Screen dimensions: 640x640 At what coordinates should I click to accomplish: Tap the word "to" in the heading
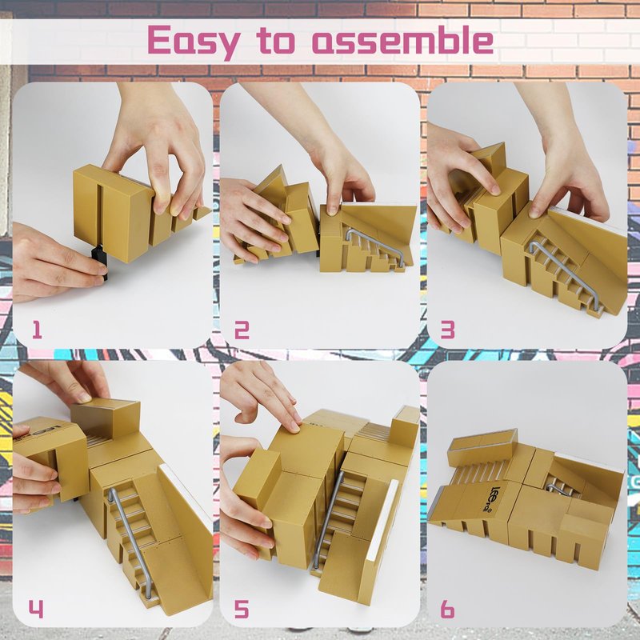tap(275, 41)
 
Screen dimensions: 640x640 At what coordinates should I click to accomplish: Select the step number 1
tap(37, 330)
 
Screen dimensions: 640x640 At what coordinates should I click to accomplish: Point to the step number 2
tap(242, 330)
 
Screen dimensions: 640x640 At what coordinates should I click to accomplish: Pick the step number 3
tap(448, 330)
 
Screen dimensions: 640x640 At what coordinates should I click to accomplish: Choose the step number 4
tap(35, 609)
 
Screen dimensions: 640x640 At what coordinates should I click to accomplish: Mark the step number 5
tap(242, 609)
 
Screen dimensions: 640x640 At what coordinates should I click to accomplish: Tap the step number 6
tap(447, 609)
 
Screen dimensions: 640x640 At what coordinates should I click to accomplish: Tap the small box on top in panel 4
tap(106, 418)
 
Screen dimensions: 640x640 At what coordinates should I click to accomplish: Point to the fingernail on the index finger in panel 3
tap(495, 190)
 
